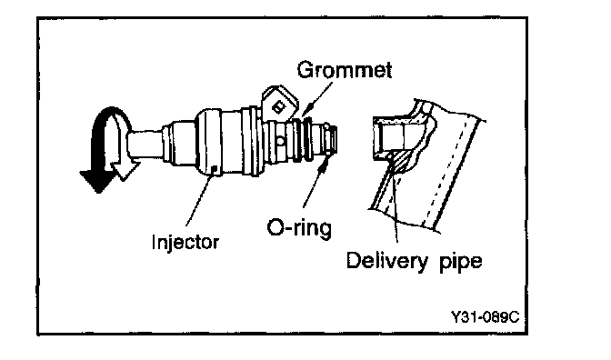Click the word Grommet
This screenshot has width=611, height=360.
coord(344,70)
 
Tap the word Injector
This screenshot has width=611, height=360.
coord(185,243)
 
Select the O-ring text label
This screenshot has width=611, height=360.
coord(299,227)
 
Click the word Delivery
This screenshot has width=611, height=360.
coord(387,261)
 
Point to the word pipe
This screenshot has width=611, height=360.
coord(461,262)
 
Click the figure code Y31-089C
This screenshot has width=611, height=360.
coord(486,317)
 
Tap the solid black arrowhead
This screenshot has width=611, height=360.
coord(95,181)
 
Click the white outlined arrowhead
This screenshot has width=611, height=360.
coord(125,170)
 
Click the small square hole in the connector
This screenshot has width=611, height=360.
coord(278,106)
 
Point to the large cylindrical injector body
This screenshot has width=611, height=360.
coord(219,142)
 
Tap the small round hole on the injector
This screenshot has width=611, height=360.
coord(281,140)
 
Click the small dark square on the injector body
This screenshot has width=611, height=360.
coord(214,169)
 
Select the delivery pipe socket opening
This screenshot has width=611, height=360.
coord(389,136)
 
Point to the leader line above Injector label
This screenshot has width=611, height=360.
coord(199,200)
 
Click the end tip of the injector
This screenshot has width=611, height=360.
coord(336,139)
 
